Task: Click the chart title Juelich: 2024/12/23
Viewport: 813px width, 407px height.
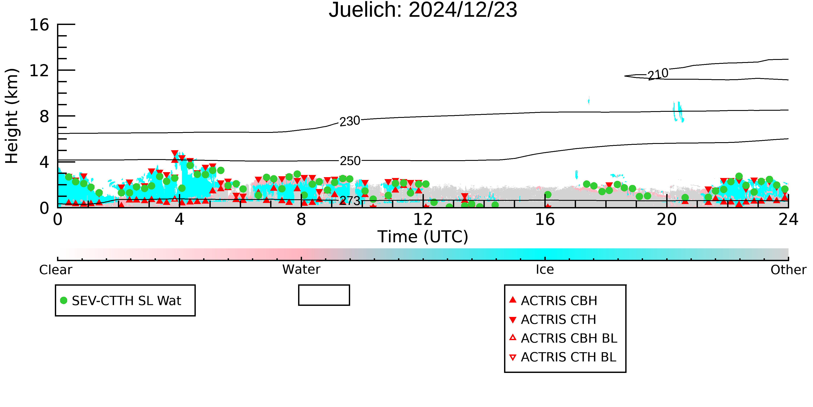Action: [x=423, y=10]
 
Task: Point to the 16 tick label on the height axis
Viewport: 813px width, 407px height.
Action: [x=39, y=25]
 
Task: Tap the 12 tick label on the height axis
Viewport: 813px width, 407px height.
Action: [x=39, y=71]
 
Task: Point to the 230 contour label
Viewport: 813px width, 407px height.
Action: [x=350, y=121]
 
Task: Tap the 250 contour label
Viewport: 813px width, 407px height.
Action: [x=350, y=161]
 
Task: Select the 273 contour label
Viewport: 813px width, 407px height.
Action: [x=350, y=201]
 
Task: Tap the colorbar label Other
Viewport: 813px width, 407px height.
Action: [x=788, y=270]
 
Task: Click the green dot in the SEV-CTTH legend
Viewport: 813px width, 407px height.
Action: [x=64, y=300]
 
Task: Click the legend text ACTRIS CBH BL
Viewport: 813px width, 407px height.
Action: [x=569, y=338]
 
